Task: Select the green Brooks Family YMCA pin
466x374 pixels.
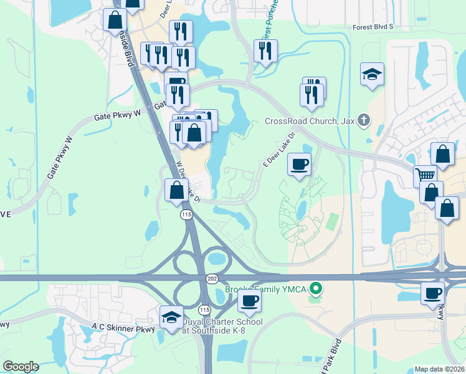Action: click(x=316, y=288)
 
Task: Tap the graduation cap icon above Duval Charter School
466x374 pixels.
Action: click(x=172, y=316)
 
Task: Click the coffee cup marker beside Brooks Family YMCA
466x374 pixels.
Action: click(x=250, y=300)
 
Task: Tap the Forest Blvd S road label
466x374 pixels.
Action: click(x=373, y=27)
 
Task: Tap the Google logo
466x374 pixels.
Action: click(x=21, y=367)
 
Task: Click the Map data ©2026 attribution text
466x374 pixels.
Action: click(x=439, y=369)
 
